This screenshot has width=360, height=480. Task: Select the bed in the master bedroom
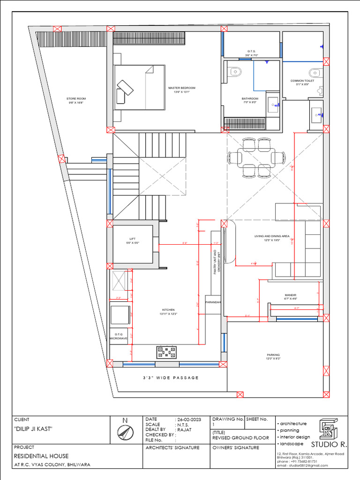(140, 88)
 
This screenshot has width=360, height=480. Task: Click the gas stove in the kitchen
(167, 352)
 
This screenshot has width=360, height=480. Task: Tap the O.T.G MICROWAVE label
(119, 336)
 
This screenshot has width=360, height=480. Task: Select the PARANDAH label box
(213, 302)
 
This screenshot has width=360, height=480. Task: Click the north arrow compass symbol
(125, 434)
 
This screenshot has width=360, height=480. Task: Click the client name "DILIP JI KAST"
(33, 429)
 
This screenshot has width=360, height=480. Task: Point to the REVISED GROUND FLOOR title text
(240, 438)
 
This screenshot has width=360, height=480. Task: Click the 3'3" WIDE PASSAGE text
(171, 378)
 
